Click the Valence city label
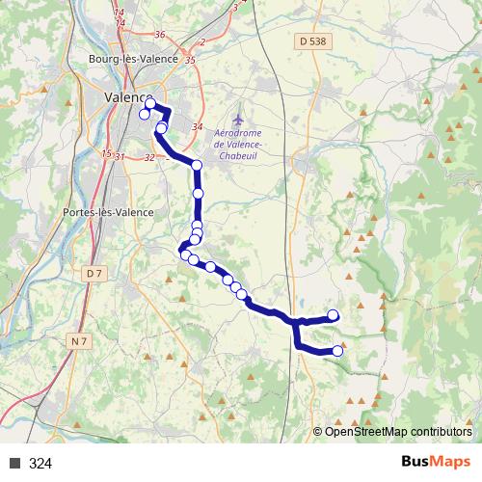pyautogui.click(x=125, y=96)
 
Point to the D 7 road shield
pyautogui.click(x=93, y=274)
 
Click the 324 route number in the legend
pyautogui.click(x=40, y=464)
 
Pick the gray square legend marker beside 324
pyautogui.click(x=15, y=464)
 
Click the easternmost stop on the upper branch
pyautogui.click(x=334, y=315)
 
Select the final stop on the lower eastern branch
pyautogui.click(x=337, y=351)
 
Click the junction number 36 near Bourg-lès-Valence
pyautogui.click(x=159, y=35)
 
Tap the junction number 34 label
pyautogui.click(x=198, y=126)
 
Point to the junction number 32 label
pyautogui.click(x=148, y=157)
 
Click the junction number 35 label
pyautogui.click(x=190, y=60)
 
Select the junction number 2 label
pyautogui.click(x=202, y=42)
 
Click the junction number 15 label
pyautogui.click(x=105, y=153)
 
